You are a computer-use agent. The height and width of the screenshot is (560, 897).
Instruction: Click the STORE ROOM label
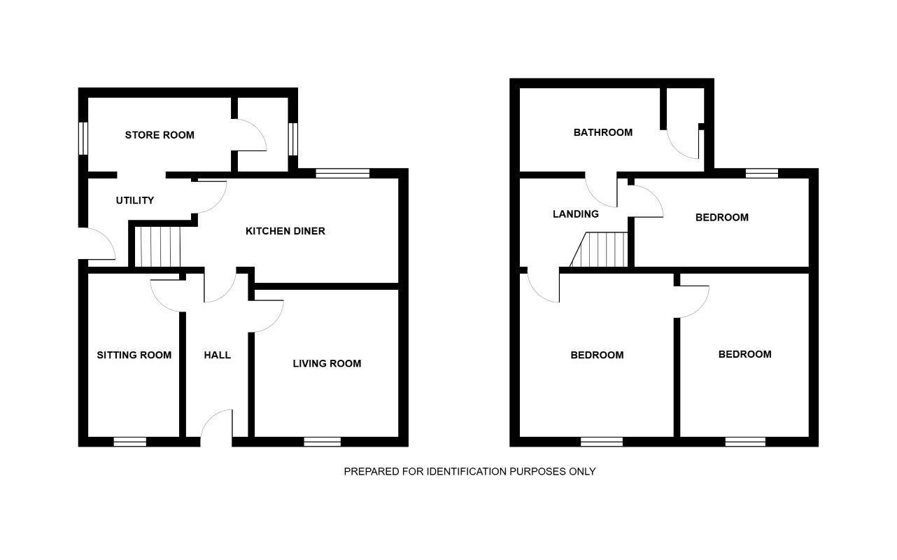[160, 135]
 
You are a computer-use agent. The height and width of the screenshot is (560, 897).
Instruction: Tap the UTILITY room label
[134, 201]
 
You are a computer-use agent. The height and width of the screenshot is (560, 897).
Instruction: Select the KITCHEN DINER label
[285, 231]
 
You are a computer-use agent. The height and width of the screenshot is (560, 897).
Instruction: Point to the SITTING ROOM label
[134, 355]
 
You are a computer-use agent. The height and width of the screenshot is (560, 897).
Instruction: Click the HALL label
[217, 355]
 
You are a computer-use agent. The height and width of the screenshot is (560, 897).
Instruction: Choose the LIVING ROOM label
[327, 363]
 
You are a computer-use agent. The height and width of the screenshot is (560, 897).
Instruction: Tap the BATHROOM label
[602, 132]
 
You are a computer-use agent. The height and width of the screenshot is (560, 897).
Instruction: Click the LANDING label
[575, 214]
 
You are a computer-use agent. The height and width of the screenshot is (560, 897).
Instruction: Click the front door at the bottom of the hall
[216, 427]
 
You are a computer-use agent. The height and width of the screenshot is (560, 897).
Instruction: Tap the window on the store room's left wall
[83, 138]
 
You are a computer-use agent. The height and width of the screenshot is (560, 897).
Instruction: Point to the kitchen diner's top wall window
[342, 174]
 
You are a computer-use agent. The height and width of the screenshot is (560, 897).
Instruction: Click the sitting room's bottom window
[130, 442]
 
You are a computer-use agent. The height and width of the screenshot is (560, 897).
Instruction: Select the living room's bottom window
[323, 442]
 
